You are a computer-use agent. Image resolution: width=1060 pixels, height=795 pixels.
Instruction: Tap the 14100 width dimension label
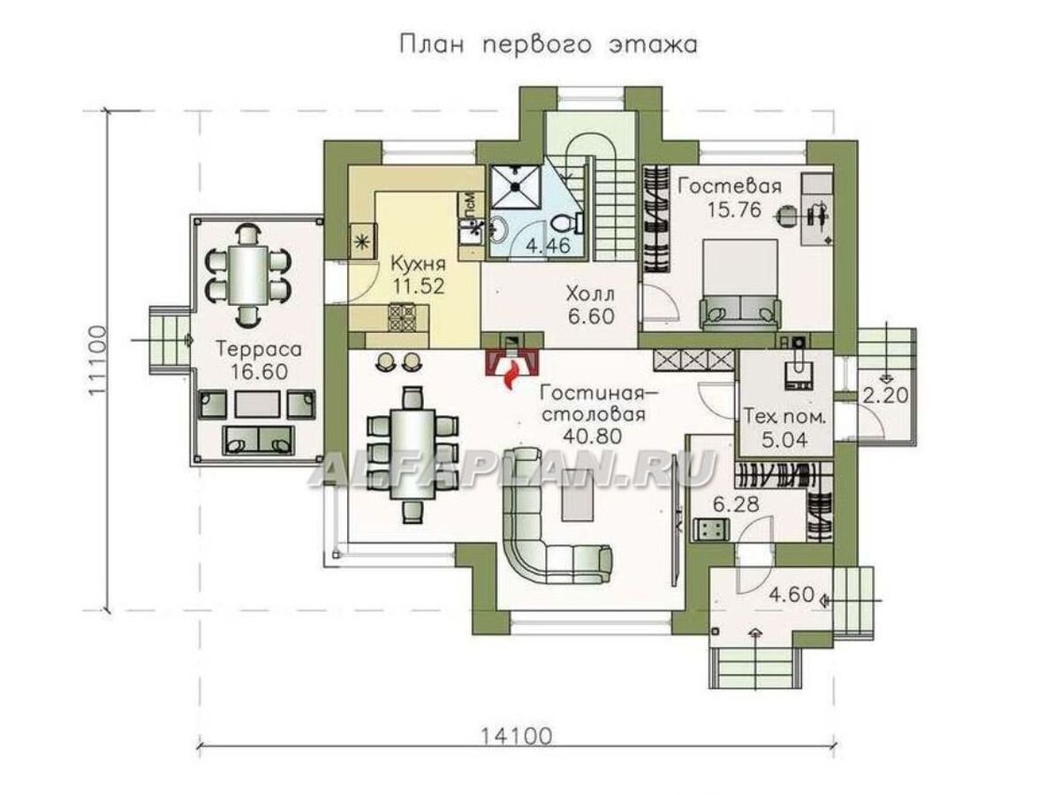(x=517, y=735)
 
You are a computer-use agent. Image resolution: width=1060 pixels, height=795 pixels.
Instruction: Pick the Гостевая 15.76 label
(x=729, y=198)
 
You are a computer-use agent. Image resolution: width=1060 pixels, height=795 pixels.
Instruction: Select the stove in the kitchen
(x=403, y=315)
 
